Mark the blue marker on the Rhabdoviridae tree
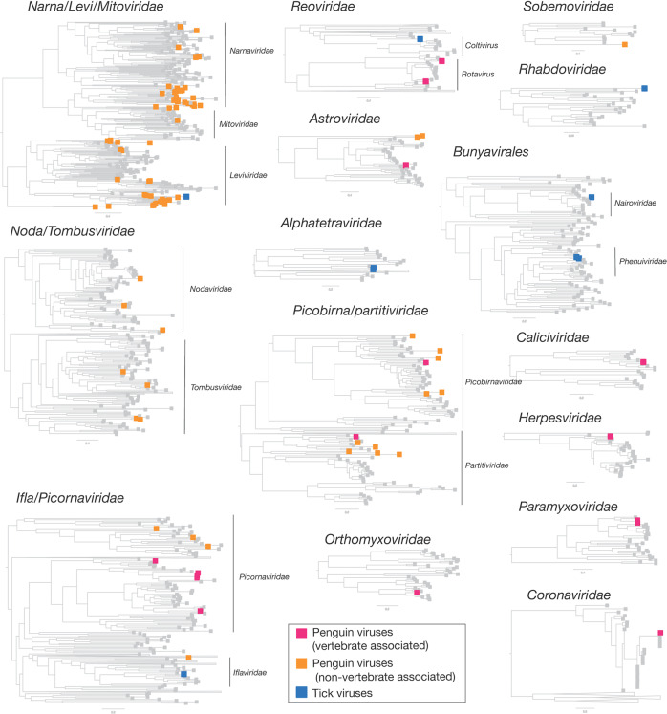point(645,88)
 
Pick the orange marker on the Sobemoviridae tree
point(624,45)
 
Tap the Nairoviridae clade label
point(636,203)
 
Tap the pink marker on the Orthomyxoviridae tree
point(418,593)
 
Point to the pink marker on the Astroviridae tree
point(406,165)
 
